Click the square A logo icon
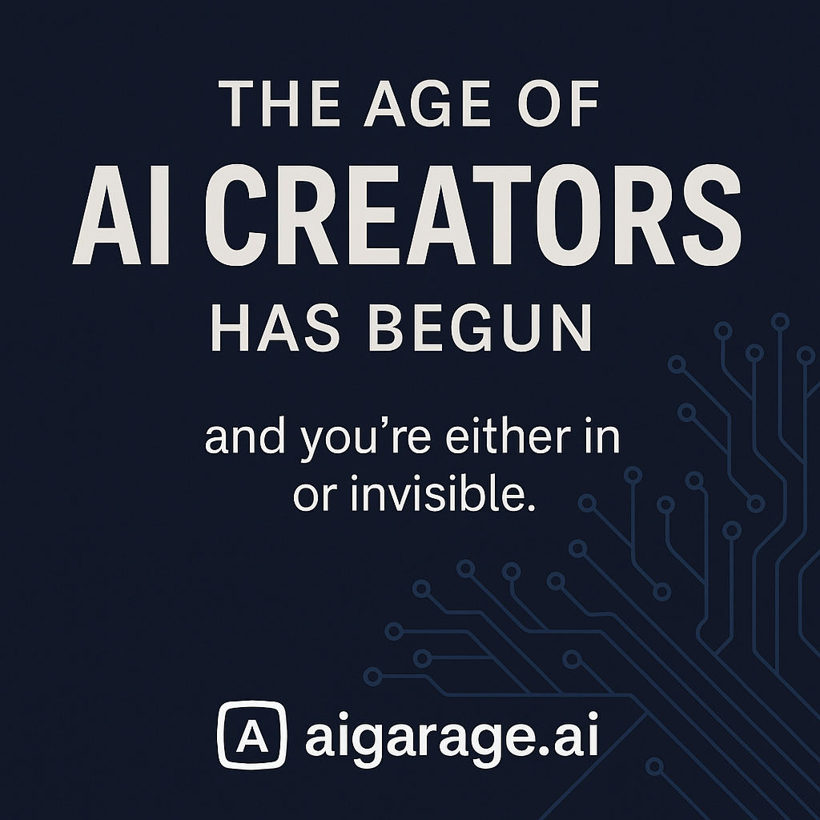coord(251,734)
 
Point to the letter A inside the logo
coord(251,735)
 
